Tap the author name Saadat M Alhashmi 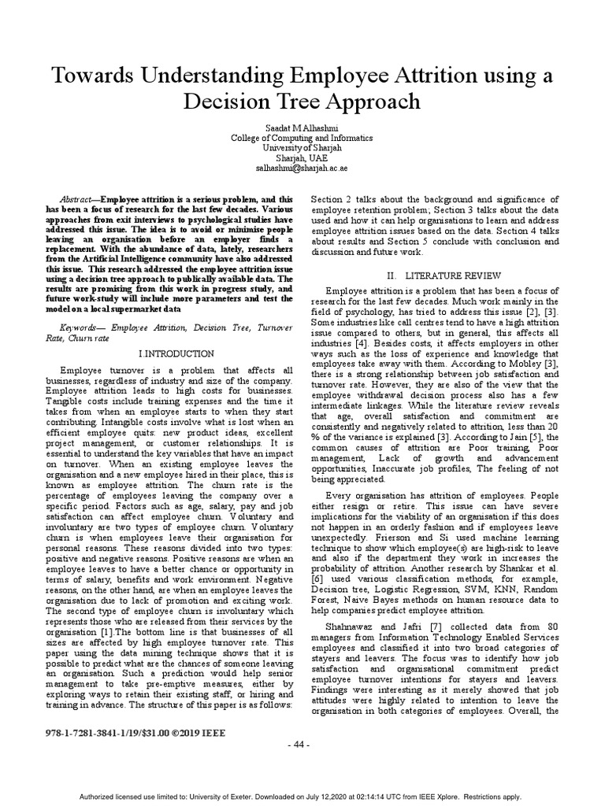[302, 127]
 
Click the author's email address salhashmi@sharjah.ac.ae [302, 168]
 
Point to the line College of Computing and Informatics [302, 138]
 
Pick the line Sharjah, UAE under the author [302, 158]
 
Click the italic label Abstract [78, 200]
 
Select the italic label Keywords [81, 326]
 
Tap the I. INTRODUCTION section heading [176, 354]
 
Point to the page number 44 [302, 744]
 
